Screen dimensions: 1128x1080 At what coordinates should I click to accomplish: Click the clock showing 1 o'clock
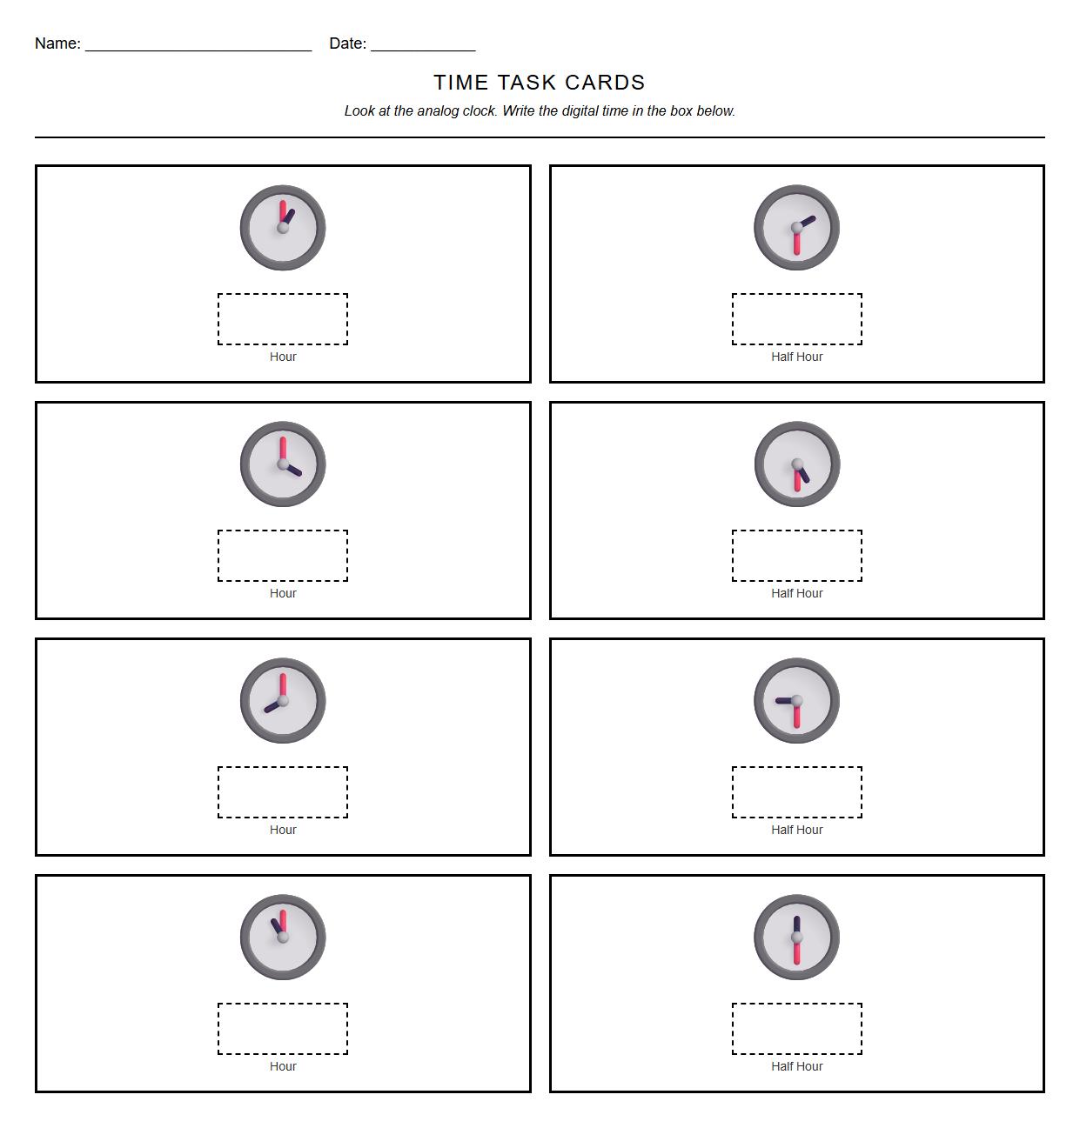click(x=283, y=228)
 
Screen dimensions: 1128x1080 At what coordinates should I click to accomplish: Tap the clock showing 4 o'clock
click(x=283, y=464)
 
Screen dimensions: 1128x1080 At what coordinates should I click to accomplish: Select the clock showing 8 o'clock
click(x=283, y=701)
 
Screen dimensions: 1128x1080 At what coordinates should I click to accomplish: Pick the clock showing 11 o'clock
click(x=283, y=938)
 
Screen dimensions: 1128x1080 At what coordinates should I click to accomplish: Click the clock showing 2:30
click(x=796, y=228)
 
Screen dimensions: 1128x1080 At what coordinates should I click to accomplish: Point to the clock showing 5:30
click(x=796, y=464)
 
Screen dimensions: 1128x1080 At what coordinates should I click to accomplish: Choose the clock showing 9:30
click(x=796, y=701)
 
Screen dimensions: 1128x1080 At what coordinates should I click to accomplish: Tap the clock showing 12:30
click(x=796, y=938)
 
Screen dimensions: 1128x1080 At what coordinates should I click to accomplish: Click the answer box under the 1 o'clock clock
click(x=283, y=319)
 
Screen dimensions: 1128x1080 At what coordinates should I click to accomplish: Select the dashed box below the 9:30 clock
click(x=796, y=792)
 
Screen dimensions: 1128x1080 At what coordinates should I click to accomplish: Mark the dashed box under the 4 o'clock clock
click(x=283, y=556)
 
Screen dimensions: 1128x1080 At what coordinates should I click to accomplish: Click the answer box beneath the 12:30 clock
click(x=796, y=1029)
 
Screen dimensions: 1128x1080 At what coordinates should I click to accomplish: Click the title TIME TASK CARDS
click(x=540, y=83)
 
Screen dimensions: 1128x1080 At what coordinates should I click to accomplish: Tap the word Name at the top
click(x=57, y=43)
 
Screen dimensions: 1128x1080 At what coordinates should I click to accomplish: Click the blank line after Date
click(x=423, y=45)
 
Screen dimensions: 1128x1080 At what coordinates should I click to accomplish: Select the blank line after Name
click(x=198, y=45)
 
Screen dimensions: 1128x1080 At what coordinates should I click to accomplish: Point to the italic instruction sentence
click(x=540, y=111)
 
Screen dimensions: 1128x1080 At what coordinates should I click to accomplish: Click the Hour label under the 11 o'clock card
click(x=283, y=1066)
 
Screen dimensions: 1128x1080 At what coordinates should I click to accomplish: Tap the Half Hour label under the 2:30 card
click(x=796, y=357)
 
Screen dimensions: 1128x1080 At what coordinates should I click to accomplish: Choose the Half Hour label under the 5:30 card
click(x=796, y=593)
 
